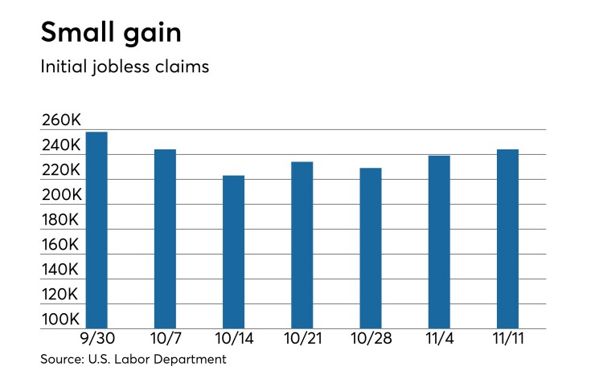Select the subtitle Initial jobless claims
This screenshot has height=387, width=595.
click(125, 67)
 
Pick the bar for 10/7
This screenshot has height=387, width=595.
click(165, 238)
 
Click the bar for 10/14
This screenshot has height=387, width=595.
click(233, 251)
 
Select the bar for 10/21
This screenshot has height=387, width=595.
click(302, 245)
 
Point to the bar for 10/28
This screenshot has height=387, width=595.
click(371, 248)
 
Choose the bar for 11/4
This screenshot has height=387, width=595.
click(439, 242)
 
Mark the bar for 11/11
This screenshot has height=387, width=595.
click(507, 238)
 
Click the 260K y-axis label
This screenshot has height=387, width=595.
click(61, 120)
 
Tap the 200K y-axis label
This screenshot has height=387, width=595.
click(61, 195)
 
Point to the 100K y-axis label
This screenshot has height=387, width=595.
click(61, 320)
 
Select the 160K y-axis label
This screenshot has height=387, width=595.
click(61, 245)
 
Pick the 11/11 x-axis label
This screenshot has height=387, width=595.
click(508, 340)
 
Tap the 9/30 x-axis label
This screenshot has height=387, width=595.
click(96, 340)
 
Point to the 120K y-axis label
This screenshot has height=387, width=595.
click(61, 295)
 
